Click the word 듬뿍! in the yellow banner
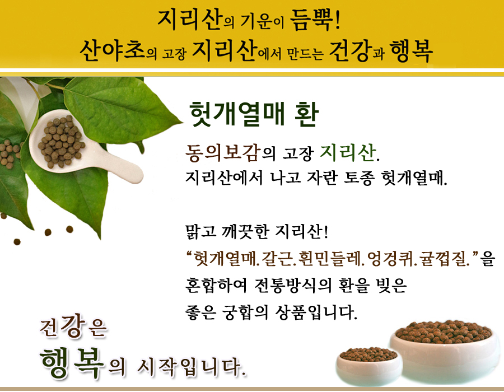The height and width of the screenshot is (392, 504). pyautogui.click(x=315, y=20)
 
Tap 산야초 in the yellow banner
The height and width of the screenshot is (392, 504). pyautogui.click(x=112, y=51)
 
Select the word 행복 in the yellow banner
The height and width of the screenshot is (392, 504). pyautogui.click(x=411, y=51)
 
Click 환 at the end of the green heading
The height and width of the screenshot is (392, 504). pyautogui.click(x=306, y=114)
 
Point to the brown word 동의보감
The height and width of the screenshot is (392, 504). pyautogui.click(x=223, y=152)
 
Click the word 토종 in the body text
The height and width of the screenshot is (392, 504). pyautogui.click(x=359, y=178)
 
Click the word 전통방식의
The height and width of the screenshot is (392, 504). pyautogui.click(x=292, y=285)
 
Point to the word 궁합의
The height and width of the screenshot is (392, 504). pyautogui.click(x=245, y=312)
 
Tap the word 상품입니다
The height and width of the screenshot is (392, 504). pyautogui.click(x=316, y=312)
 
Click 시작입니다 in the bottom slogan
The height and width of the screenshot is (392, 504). pyautogui.click(x=192, y=366)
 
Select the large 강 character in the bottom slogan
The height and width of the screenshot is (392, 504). pyautogui.click(x=73, y=325)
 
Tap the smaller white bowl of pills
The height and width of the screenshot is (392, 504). pyautogui.click(x=368, y=366)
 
